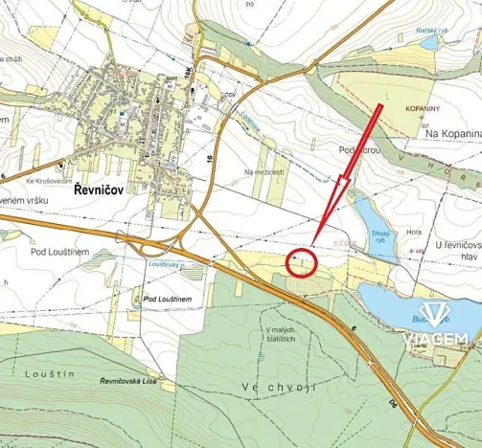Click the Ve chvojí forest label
[x=279, y=386]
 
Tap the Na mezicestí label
[x=265, y=172]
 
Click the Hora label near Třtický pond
[x=413, y=230]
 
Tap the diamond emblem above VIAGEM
[x=439, y=314]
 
